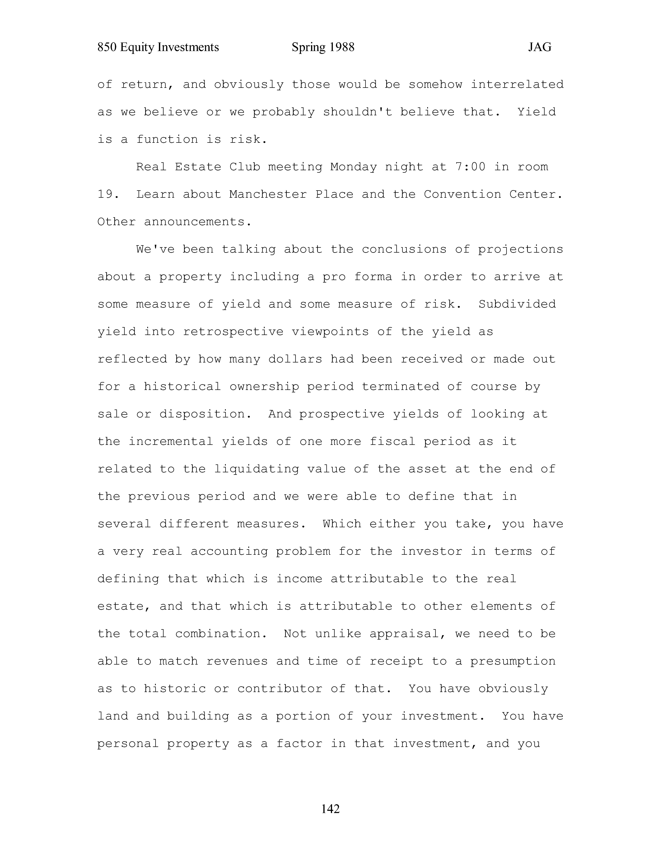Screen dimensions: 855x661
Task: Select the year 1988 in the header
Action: pyautogui.click(x=342, y=47)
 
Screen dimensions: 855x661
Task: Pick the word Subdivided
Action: pyautogui.click(x=517, y=304)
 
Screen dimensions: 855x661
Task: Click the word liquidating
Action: pyautogui.click(x=256, y=469)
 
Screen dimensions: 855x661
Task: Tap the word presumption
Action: pyautogui.click(x=513, y=661)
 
